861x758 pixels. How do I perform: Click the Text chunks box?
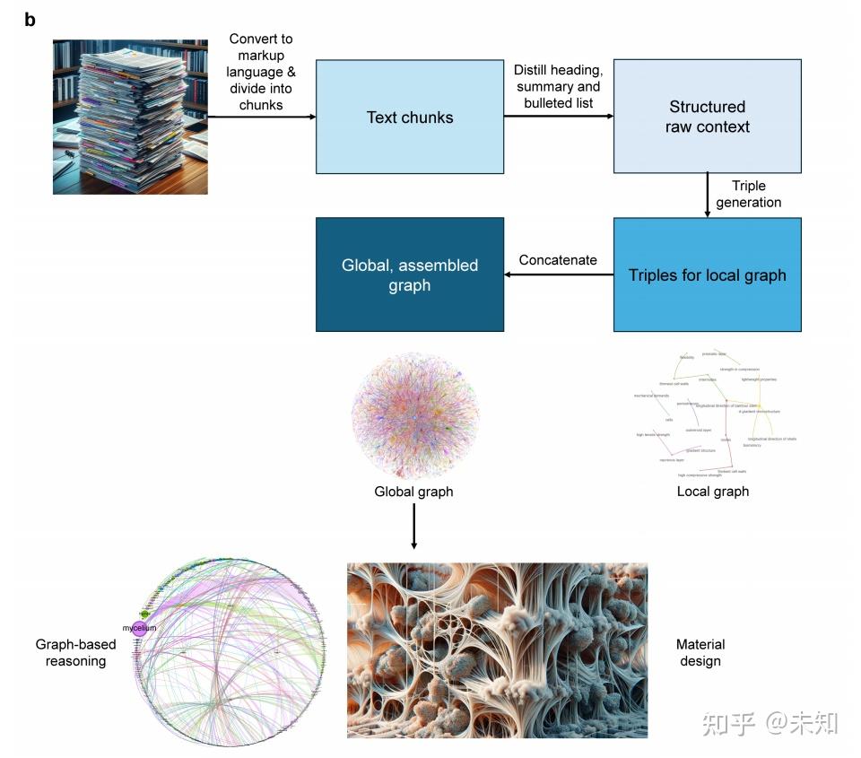(x=409, y=117)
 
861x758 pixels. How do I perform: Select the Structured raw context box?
(x=707, y=117)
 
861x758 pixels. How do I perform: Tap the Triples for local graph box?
(x=707, y=274)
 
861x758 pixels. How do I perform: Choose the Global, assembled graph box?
(x=409, y=274)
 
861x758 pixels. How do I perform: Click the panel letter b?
(x=30, y=20)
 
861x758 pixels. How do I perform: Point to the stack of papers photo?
(x=130, y=117)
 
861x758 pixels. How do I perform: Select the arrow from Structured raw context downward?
(x=707, y=195)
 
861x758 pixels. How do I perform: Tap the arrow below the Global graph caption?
(x=413, y=526)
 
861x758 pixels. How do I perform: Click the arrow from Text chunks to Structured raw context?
(x=558, y=117)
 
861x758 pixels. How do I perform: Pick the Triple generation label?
(x=749, y=194)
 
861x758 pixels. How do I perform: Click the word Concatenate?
(x=558, y=260)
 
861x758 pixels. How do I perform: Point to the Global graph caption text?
(x=413, y=492)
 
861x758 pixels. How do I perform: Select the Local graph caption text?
(x=713, y=492)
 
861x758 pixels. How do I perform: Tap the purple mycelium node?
(x=139, y=628)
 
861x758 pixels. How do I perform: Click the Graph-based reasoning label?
(x=71, y=652)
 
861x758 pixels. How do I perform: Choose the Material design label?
(x=700, y=652)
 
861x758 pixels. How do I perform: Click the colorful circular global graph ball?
(x=413, y=414)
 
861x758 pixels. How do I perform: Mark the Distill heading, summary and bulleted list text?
(x=558, y=86)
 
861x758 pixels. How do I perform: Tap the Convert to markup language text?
(x=261, y=72)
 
